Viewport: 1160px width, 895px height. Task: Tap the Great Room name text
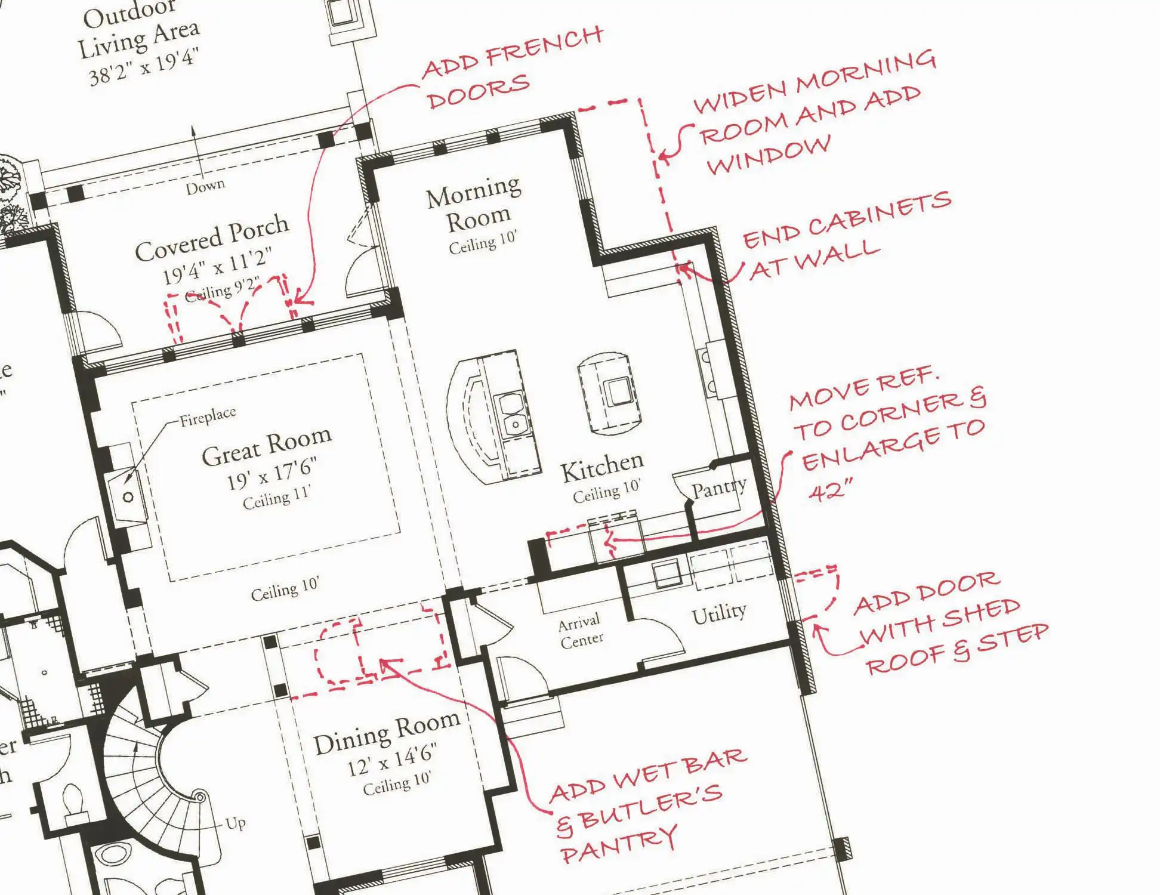(x=266, y=446)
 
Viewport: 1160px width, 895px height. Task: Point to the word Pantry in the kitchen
(x=718, y=488)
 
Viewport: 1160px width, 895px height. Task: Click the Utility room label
(x=718, y=613)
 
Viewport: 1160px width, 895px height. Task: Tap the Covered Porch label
(x=212, y=238)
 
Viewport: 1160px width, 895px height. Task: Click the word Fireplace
(x=208, y=416)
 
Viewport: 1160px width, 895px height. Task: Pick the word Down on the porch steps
(x=205, y=187)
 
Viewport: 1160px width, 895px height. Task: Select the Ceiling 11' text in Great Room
(x=276, y=498)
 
